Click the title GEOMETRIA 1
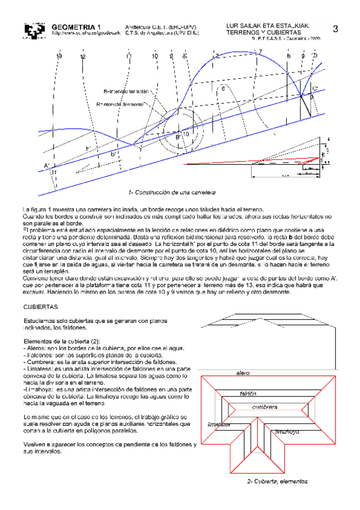click(76, 27)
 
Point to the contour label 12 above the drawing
click(82, 57)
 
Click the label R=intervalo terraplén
click(126, 92)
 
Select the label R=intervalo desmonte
click(120, 104)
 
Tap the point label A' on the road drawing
click(47, 165)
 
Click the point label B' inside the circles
click(178, 137)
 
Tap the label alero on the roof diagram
click(243, 373)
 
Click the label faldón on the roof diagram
click(248, 393)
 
